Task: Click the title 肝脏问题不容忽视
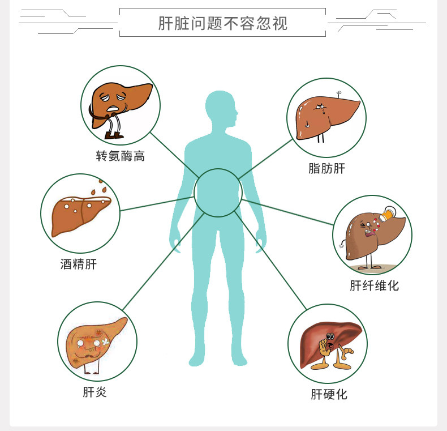223,23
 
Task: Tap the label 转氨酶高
121,156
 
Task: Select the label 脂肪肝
326,168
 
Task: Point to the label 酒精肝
79,264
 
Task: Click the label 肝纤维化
374,285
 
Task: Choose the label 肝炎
94,391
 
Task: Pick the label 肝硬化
329,394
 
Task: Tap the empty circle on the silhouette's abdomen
218,193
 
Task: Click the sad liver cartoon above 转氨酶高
121,104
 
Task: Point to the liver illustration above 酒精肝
80,213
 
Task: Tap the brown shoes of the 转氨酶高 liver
114,135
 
